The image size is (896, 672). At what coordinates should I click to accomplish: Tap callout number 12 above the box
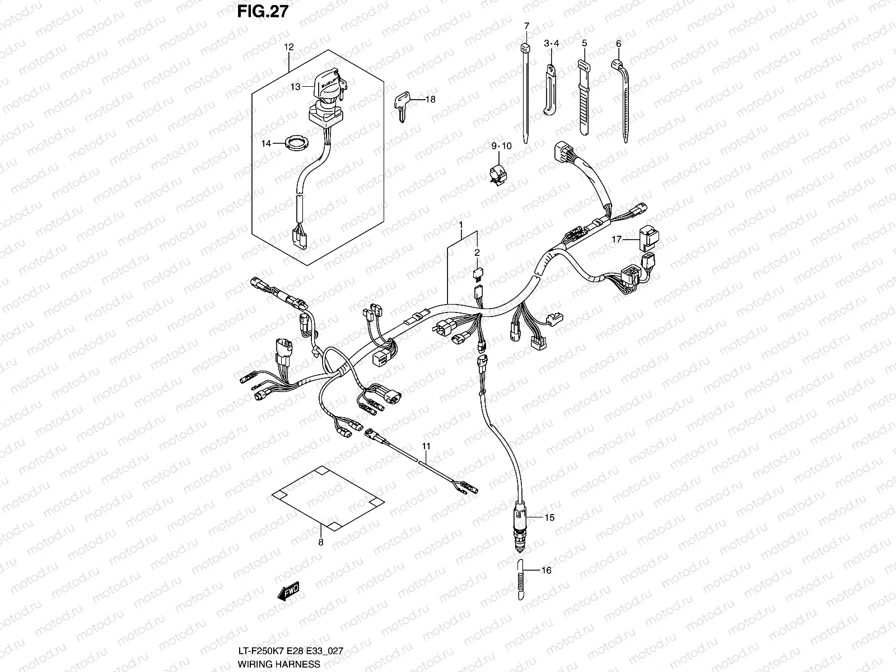point(289,47)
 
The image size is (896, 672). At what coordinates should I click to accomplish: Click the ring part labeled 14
point(296,143)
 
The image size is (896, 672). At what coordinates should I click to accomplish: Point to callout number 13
point(295,87)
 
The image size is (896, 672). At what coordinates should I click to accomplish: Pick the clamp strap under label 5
point(584,95)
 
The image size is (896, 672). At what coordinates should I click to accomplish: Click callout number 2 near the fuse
point(477,253)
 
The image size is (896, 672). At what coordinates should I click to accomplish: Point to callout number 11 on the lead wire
point(426,446)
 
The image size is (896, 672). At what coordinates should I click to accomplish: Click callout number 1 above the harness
point(461,226)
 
